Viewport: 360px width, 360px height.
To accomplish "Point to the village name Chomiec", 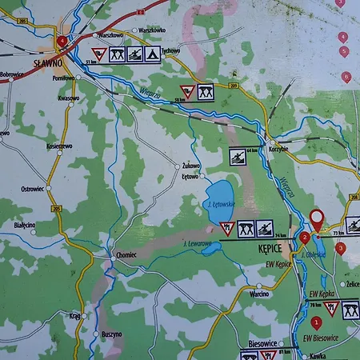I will pyautogui.click(x=126, y=254).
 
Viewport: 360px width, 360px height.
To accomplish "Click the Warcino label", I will pyautogui.click(x=258, y=294).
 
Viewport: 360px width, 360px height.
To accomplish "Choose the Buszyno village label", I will pyautogui.click(x=112, y=334).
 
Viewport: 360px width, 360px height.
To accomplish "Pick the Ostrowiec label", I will pyautogui.click(x=31, y=188).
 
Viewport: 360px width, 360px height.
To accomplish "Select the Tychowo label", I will pyautogui.click(x=171, y=50).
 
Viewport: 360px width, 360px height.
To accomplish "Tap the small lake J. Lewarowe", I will pyautogui.click(x=210, y=250).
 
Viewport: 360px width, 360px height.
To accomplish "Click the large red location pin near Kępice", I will pyautogui.click(x=316, y=218).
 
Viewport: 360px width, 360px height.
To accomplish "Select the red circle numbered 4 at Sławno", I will pyautogui.click(x=62, y=40).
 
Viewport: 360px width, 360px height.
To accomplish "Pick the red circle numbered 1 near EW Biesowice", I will pyautogui.click(x=316, y=323).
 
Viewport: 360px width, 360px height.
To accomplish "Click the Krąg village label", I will pyautogui.click(x=74, y=315).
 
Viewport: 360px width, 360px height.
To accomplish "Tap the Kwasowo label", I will pyautogui.click(x=69, y=98).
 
